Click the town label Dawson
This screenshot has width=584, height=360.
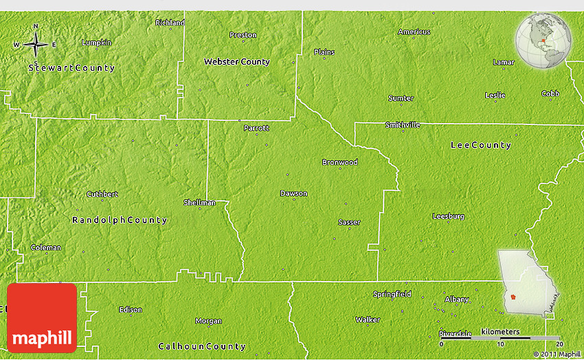293,193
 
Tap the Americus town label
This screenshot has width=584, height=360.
414,32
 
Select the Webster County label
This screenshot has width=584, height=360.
236,62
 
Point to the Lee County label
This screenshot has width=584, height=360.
480,145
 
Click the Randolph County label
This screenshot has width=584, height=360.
120,221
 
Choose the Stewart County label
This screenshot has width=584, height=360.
72,68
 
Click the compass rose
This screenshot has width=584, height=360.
35,45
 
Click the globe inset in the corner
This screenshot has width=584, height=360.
545,41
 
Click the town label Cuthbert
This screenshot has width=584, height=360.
102,194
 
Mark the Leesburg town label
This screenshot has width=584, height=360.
448,216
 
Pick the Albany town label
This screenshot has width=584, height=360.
457,299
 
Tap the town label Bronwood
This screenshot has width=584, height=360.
339,163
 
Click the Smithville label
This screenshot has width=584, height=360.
402,125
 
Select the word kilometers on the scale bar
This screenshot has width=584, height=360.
499,332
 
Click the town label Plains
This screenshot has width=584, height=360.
324,52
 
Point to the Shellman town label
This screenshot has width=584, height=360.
199,203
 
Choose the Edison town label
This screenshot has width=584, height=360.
130,310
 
